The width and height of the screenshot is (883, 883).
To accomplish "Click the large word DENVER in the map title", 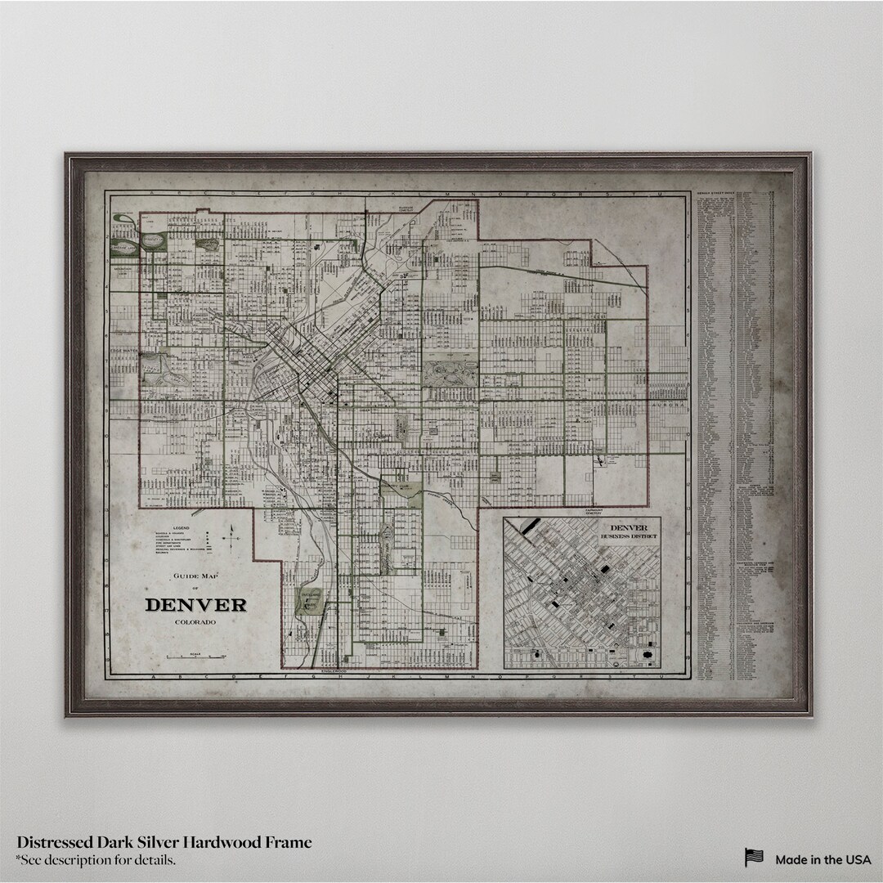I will point(195,606).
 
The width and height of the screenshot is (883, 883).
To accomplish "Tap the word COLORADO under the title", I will point(195,624).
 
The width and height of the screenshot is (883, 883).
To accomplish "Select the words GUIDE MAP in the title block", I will point(195,577).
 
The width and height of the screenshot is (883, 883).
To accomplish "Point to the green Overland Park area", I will point(309,601).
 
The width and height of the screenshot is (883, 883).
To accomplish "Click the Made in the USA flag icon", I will point(753,858).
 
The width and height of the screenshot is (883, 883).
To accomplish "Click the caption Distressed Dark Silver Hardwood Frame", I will point(164,842).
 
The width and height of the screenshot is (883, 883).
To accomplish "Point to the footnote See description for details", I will point(96,860).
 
